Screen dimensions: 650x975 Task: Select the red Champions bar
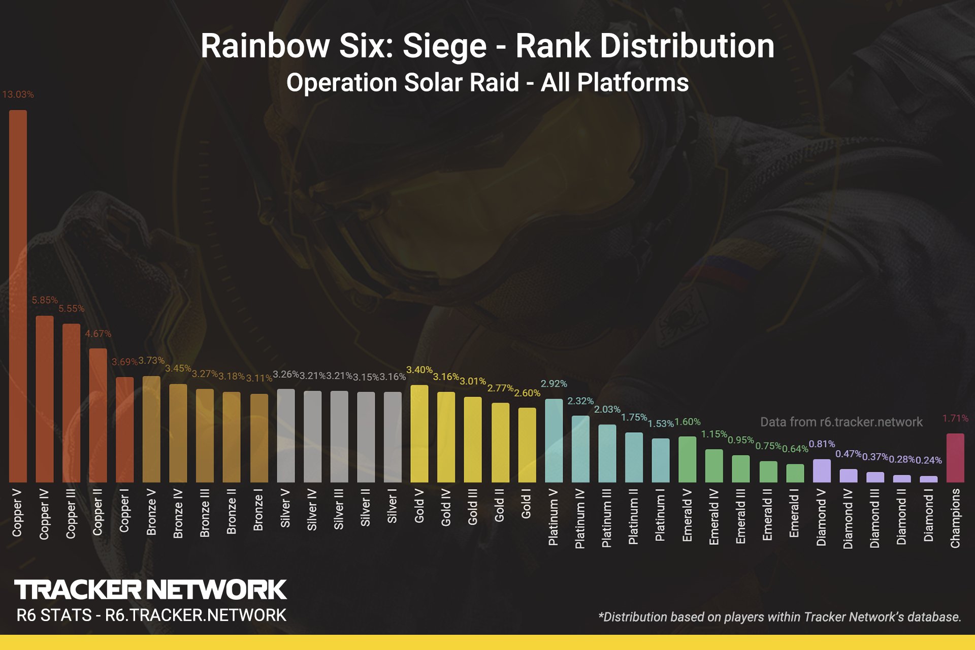tap(955, 458)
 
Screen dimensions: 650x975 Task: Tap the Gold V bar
tap(419, 434)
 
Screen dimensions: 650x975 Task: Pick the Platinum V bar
tap(554, 440)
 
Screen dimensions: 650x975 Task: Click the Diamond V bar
tap(822, 471)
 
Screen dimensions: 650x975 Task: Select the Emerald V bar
tap(687, 459)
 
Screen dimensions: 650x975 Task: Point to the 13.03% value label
tap(18, 94)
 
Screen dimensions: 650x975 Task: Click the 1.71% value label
tap(955, 418)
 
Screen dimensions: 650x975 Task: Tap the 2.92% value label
tap(554, 384)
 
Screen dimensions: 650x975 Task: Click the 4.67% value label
tap(98, 334)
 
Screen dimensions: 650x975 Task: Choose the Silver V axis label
tap(285, 508)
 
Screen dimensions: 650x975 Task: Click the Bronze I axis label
tap(258, 510)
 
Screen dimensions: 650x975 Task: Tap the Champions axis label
tap(955, 518)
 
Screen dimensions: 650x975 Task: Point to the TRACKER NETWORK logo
tap(150, 590)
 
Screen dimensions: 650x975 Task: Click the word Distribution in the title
tap(645, 46)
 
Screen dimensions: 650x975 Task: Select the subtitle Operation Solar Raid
tap(403, 83)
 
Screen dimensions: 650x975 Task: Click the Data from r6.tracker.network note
tap(841, 422)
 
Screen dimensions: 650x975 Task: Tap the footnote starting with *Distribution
tap(779, 617)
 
